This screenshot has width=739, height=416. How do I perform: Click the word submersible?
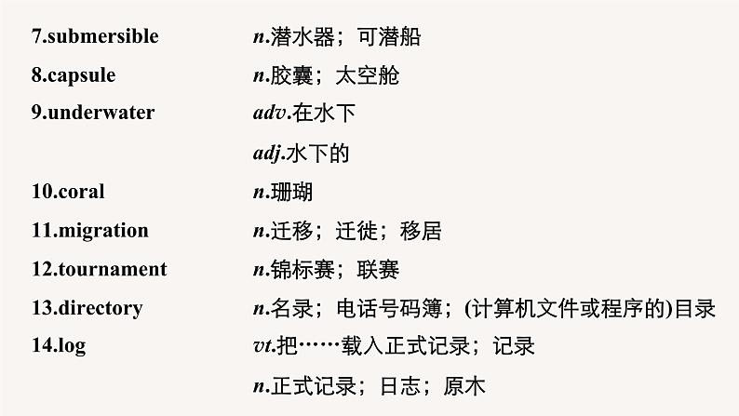click(x=101, y=37)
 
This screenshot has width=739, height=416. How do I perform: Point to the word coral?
click(x=81, y=192)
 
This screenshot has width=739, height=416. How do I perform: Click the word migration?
click(x=101, y=231)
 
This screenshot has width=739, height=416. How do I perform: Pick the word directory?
click(x=100, y=308)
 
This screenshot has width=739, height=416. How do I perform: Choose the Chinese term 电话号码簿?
click(x=387, y=308)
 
